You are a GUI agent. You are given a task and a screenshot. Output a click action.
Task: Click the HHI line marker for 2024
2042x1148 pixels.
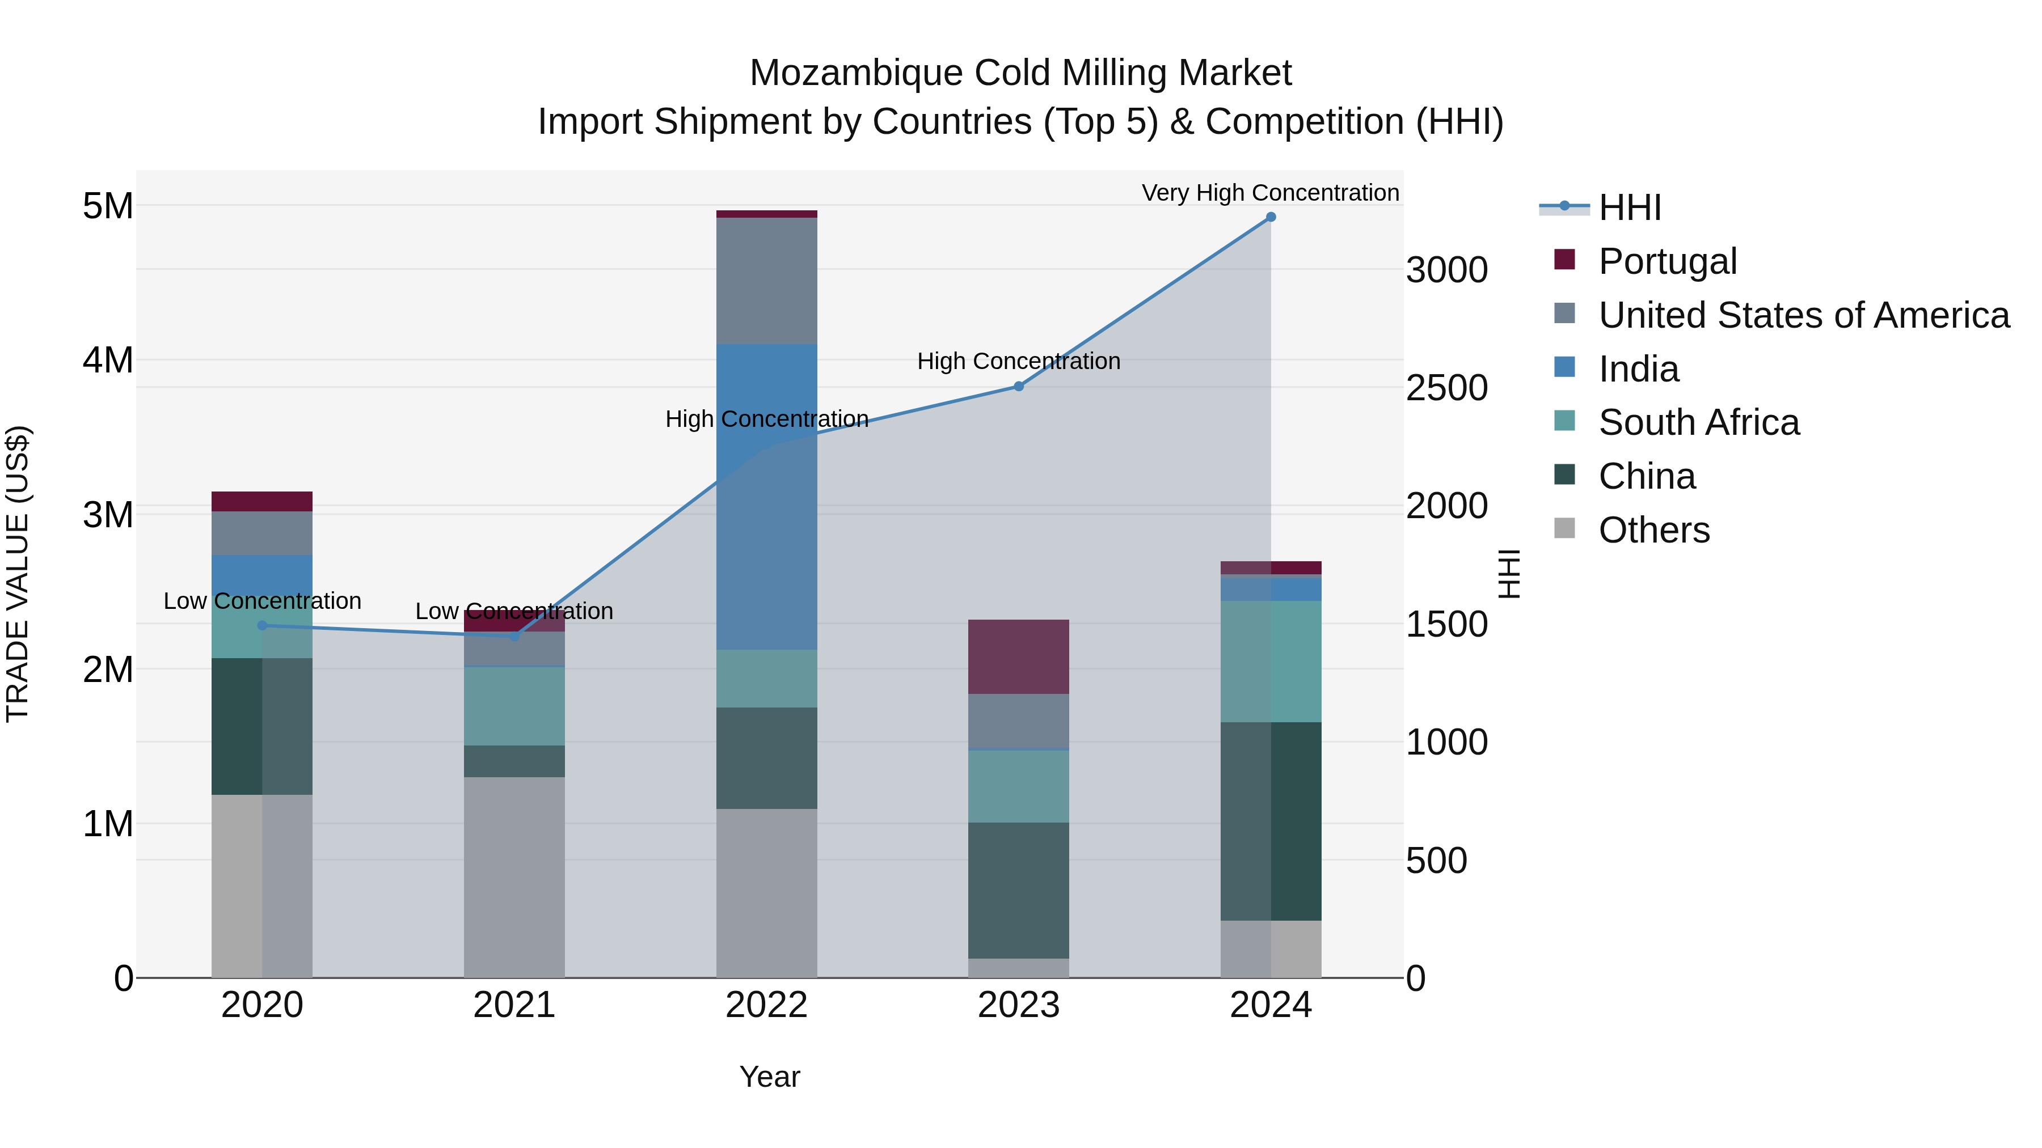(x=1271, y=217)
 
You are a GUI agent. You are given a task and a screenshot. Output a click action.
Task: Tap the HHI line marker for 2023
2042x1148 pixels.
(x=1019, y=387)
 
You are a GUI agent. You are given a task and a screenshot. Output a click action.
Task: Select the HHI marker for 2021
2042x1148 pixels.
(x=514, y=636)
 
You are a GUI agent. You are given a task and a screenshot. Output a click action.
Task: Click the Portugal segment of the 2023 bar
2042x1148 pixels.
(x=1019, y=657)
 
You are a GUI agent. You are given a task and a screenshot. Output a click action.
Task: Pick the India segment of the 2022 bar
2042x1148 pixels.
(x=766, y=497)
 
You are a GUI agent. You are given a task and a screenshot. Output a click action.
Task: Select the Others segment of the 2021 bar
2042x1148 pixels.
(x=514, y=877)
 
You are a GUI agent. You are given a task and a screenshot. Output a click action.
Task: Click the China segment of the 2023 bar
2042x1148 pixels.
(x=1019, y=891)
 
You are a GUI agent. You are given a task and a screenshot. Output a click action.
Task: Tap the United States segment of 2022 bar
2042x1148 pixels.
(x=766, y=281)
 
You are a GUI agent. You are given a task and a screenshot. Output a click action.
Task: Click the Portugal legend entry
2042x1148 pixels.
(x=1667, y=261)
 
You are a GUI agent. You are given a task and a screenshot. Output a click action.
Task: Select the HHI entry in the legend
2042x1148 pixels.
(x=1629, y=207)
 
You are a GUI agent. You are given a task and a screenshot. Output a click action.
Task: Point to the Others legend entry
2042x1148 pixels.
(x=1653, y=530)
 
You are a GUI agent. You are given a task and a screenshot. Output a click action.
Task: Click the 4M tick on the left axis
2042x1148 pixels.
(x=108, y=361)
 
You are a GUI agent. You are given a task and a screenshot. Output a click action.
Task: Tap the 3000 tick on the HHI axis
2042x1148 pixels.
(x=1446, y=270)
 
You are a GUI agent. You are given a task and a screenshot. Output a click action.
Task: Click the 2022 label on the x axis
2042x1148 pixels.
(x=766, y=1005)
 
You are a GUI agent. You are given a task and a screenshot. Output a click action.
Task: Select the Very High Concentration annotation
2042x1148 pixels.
(x=1270, y=193)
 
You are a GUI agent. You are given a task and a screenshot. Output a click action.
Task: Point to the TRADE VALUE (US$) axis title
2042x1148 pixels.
(x=18, y=574)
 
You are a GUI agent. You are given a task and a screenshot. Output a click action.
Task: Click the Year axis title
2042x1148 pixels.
(x=770, y=1077)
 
